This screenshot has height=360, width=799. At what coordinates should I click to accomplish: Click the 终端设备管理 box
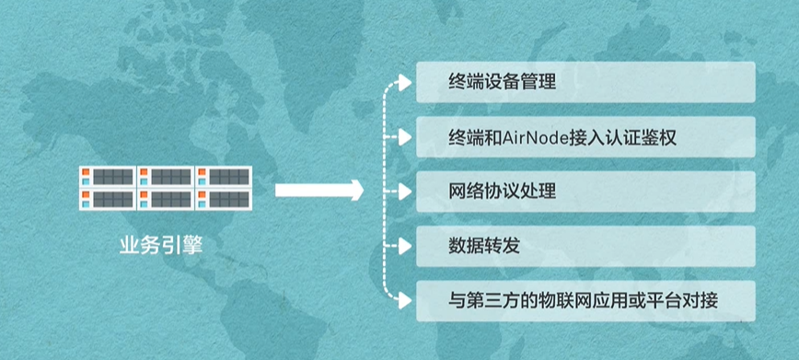(x=585, y=82)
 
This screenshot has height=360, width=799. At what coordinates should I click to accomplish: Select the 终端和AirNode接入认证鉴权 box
(x=585, y=137)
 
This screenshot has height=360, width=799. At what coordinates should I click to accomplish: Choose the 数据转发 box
(x=585, y=246)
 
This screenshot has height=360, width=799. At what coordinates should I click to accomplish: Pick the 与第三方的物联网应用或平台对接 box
(x=585, y=300)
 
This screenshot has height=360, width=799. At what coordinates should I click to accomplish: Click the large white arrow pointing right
(x=318, y=192)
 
